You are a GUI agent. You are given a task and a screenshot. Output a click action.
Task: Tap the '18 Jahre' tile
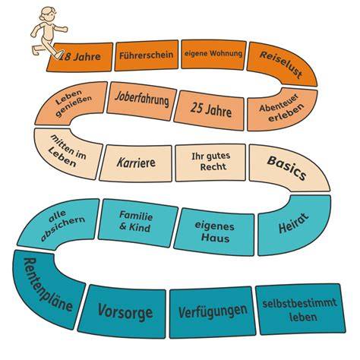[80, 57]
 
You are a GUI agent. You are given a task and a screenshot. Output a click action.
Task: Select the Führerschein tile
[147, 55]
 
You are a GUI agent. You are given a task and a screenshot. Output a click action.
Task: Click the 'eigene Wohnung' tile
[213, 54]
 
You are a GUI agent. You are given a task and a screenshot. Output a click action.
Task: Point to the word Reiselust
[281, 65]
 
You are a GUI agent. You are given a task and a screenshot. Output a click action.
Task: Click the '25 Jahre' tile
[210, 110]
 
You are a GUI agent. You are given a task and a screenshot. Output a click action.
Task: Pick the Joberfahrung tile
[142, 101]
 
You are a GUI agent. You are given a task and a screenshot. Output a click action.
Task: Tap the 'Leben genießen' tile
[71, 103]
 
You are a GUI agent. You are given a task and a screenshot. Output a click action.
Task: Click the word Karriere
[136, 163]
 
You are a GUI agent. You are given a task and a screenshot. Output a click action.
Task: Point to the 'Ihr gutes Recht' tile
[210, 163]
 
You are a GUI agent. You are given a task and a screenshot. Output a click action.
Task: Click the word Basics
[286, 168]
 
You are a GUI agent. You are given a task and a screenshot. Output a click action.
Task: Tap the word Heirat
[294, 223]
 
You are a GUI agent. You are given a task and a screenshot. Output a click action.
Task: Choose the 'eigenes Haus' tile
[214, 232]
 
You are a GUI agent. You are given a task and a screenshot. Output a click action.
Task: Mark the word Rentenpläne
[47, 285]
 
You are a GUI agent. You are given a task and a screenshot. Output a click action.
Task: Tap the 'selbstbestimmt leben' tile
[300, 309]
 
